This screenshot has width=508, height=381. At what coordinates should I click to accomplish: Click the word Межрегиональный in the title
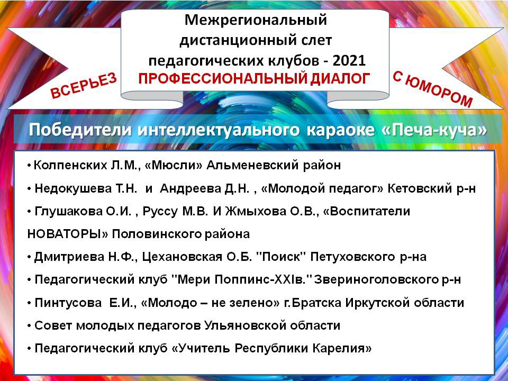point(256,21)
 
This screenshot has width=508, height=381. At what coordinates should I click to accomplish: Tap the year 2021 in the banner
point(349,60)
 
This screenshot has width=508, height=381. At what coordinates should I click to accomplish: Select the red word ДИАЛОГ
point(340,78)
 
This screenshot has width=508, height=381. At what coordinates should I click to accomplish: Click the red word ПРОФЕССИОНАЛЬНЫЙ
point(223,78)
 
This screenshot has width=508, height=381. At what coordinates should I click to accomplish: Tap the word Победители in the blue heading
point(80,130)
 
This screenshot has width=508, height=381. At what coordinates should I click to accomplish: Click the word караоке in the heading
point(339,131)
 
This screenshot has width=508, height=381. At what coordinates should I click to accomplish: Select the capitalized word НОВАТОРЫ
point(68,234)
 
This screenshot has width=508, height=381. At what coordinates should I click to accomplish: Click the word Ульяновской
point(245,325)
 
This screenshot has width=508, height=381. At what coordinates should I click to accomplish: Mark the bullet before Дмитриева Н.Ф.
point(29,257)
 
